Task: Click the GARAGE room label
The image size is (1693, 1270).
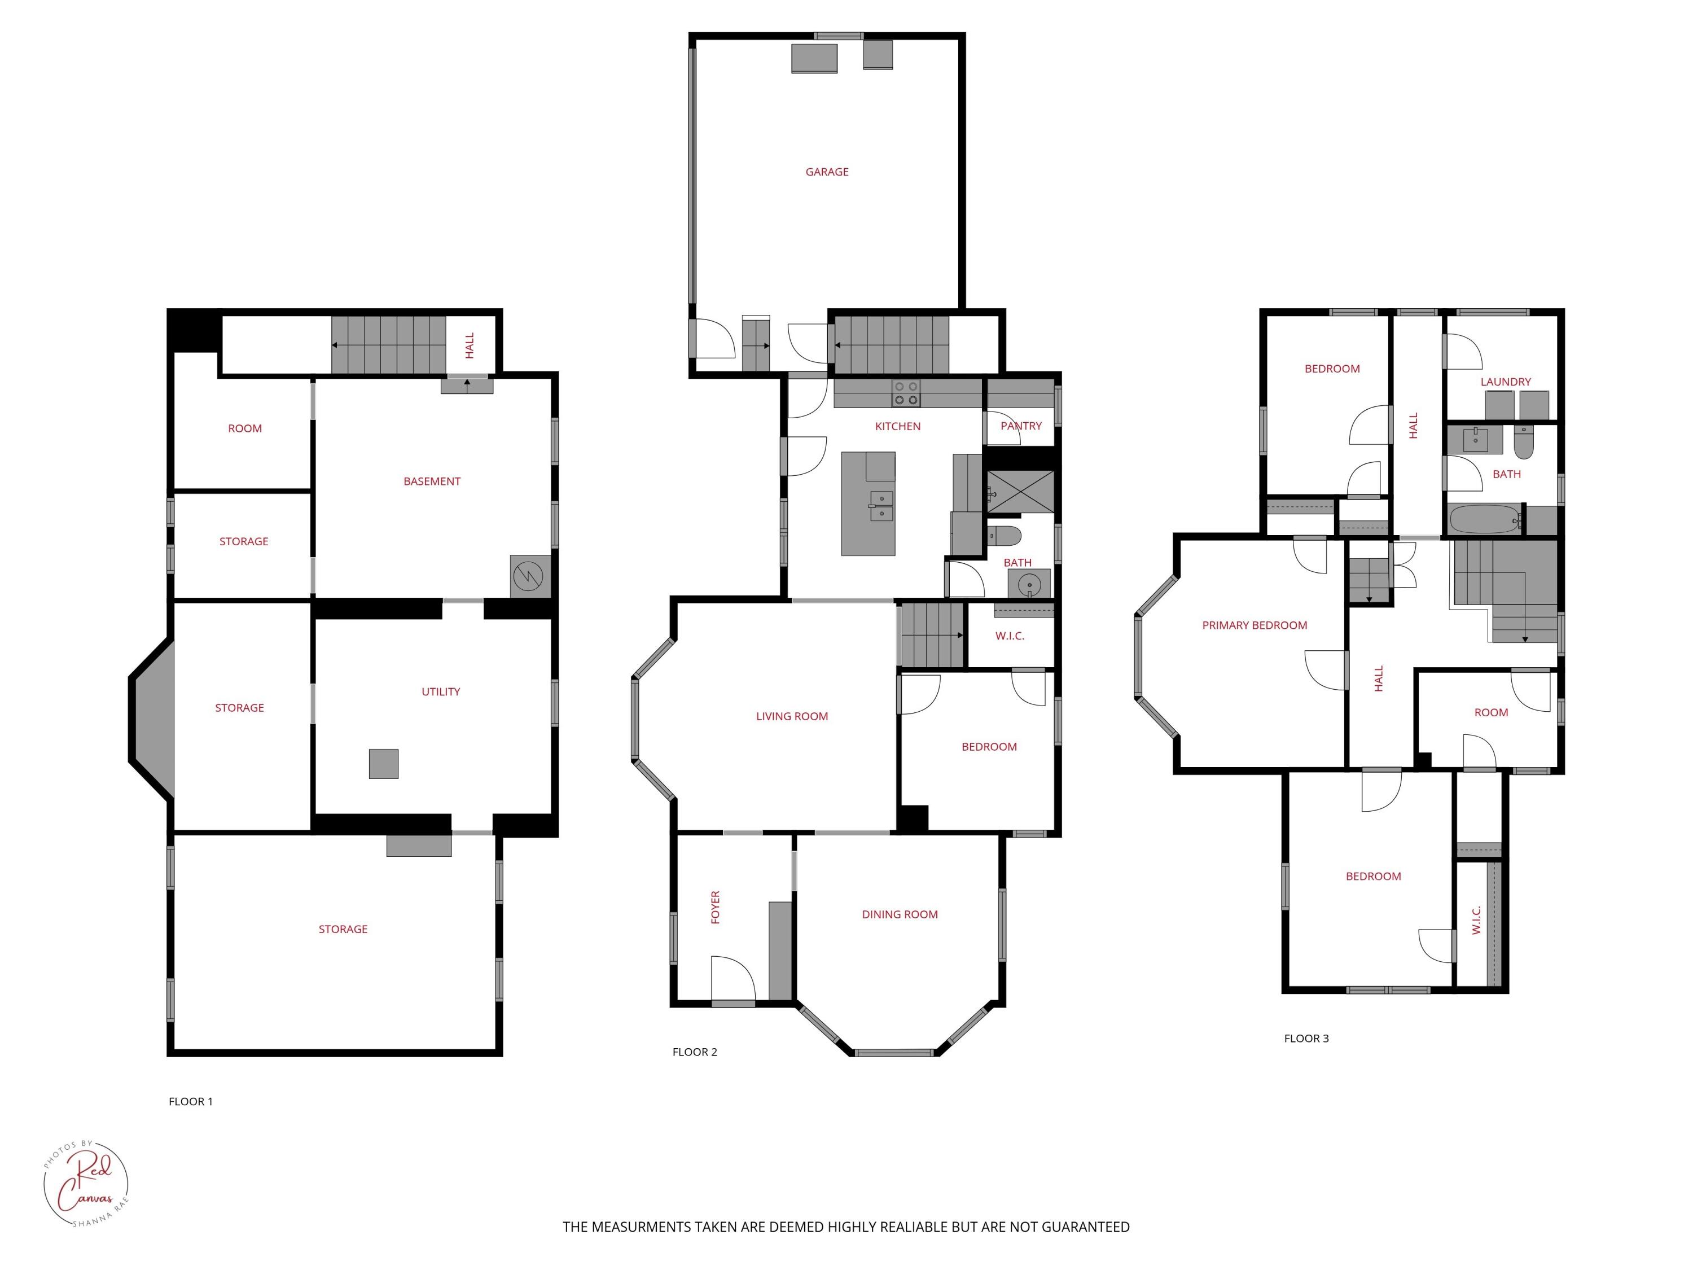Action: click(827, 172)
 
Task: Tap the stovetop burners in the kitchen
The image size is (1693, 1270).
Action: click(905, 393)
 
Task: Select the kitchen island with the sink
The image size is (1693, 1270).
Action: click(868, 503)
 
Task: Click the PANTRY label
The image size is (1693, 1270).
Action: click(1020, 426)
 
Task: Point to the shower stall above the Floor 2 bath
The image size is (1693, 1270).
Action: click(1020, 492)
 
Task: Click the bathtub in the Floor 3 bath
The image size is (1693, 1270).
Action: click(1484, 520)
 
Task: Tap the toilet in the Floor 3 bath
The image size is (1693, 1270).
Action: click(1523, 442)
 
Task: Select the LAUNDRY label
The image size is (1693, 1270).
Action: click(1505, 381)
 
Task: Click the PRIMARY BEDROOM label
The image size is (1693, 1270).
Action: click(1254, 625)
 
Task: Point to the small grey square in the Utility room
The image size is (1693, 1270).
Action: click(383, 763)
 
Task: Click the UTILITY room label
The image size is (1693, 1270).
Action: click(441, 691)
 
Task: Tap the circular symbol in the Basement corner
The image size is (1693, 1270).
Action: click(528, 576)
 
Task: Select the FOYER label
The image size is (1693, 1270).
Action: click(716, 906)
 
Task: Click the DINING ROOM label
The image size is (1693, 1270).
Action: click(900, 914)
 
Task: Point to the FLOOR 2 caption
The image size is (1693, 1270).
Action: click(694, 1052)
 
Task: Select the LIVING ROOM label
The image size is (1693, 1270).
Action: click(791, 716)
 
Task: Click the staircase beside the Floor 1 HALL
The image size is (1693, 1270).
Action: click(388, 345)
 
